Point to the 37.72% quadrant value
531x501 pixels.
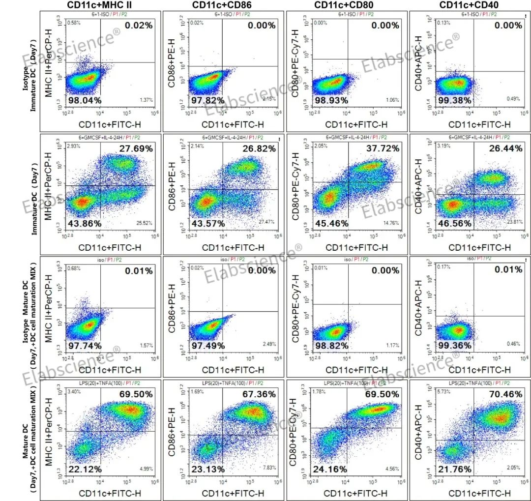coord(384,148)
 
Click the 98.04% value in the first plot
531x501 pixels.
coord(85,100)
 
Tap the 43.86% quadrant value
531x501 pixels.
coord(85,223)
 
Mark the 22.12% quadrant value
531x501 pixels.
coord(85,470)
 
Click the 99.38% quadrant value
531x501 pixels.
coord(454,100)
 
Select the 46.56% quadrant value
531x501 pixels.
coord(454,223)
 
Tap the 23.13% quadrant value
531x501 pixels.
coord(208,470)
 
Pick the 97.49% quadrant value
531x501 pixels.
coord(208,346)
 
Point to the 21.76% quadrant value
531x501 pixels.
coord(454,470)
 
